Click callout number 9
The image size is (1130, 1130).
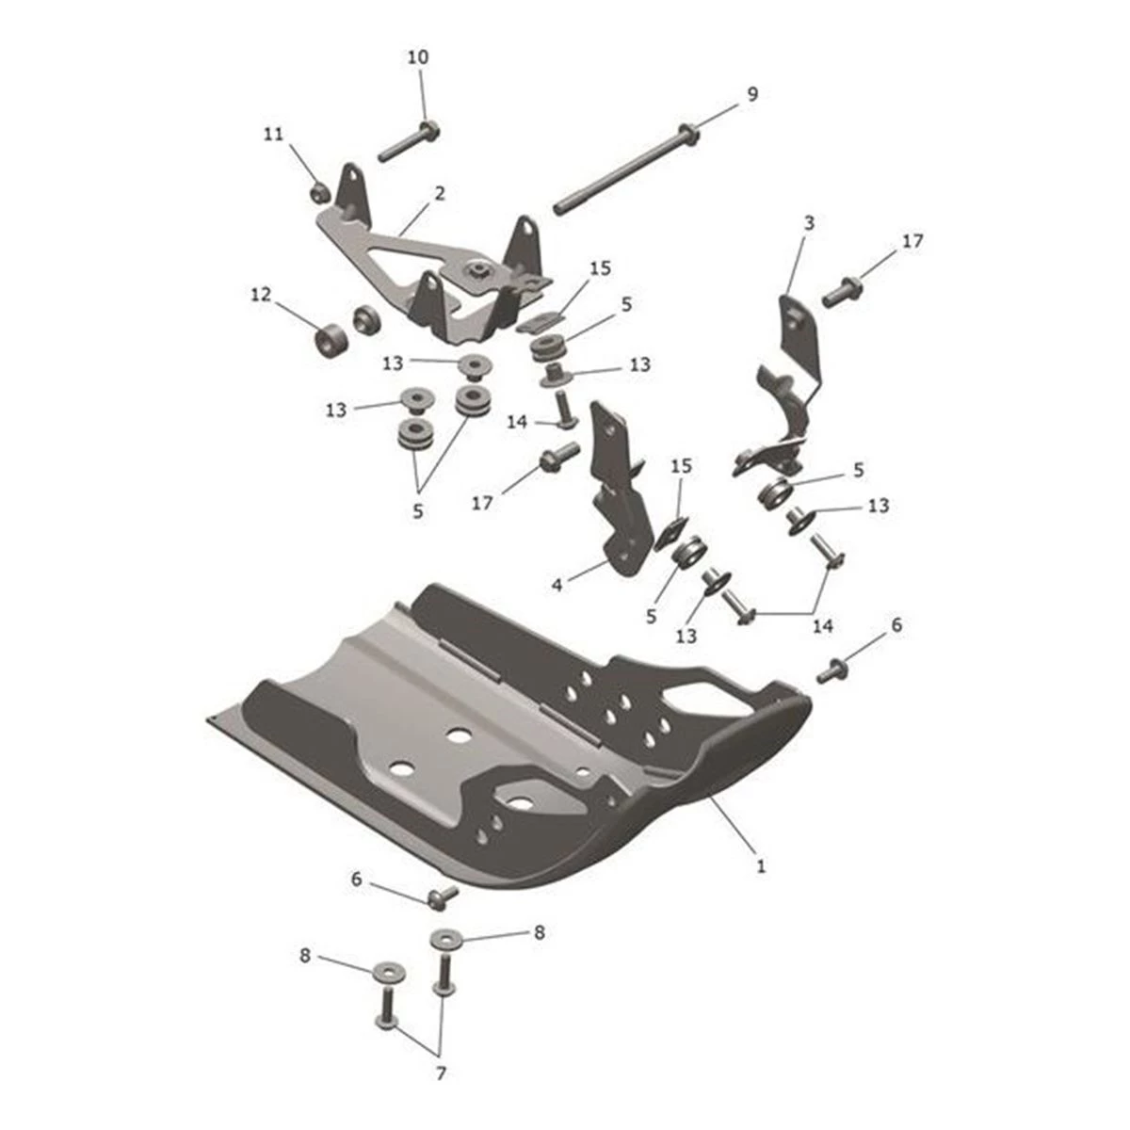pos(751,94)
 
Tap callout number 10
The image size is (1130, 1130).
pos(418,57)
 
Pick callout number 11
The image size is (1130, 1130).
pos(273,136)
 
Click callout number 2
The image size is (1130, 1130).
pos(440,194)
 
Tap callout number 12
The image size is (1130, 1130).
pos(261,295)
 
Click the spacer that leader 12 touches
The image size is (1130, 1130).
pos(329,340)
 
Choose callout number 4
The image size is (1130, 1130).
pos(557,586)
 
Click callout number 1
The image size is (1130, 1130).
pos(761,865)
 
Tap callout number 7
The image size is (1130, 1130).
pos(440,1073)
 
